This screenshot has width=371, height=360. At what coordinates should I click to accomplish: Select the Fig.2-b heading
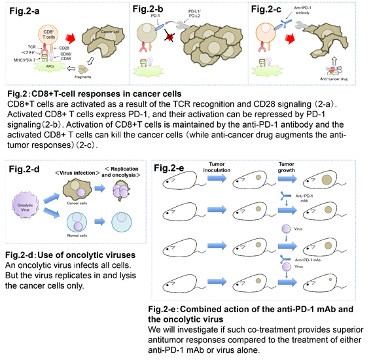pyautogui.click(x=150, y=11)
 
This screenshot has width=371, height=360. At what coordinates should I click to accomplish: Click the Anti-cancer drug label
pyautogui.click(x=313, y=81)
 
